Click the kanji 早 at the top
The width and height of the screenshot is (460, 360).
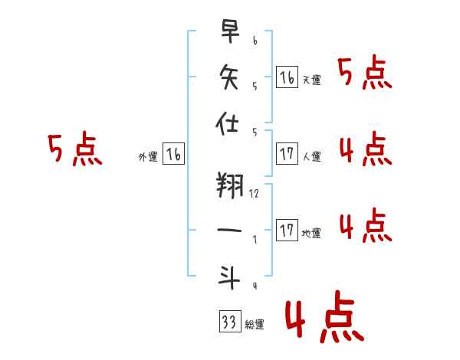[x=230, y=31]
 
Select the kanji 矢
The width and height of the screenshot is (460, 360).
[x=229, y=77]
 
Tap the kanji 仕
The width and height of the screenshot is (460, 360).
[x=227, y=123]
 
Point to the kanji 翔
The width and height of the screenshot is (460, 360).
[x=230, y=185]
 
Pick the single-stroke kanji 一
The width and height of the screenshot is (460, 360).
[x=229, y=230]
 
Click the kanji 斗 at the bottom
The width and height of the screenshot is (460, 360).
[x=229, y=277]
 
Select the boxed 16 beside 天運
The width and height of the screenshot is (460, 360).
[x=287, y=77]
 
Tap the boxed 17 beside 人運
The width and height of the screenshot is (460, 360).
[x=287, y=154]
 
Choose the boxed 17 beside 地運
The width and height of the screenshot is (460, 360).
[x=287, y=230]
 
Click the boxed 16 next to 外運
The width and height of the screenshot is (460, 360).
[x=174, y=154]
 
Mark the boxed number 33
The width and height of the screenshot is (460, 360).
[x=230, y=321]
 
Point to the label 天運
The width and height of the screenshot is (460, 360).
[x=312, y=80]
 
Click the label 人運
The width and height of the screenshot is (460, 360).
[x=312, y=156]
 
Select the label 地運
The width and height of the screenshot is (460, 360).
[x=311, y=233]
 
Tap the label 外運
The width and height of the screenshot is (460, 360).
[x=148, y=156]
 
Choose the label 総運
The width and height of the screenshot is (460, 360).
[x=255, y=324]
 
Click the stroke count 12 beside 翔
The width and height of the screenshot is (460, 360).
[x=254, y=194]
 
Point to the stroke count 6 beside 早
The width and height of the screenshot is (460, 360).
[x=255, y=41]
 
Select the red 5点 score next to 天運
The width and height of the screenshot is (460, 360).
[x=365, y=72]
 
